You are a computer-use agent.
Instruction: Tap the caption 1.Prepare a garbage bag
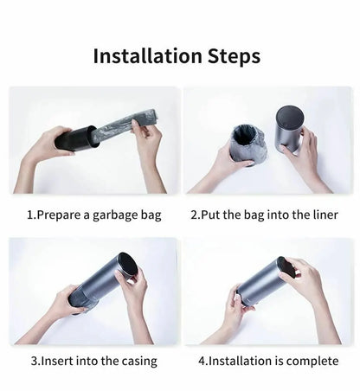click(x=94, y=215)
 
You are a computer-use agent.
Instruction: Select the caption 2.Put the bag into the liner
click(x=264, y=215)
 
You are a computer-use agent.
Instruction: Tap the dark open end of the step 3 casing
click(x=127, y=266)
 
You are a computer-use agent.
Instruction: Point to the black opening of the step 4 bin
click(x=286, y=268)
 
